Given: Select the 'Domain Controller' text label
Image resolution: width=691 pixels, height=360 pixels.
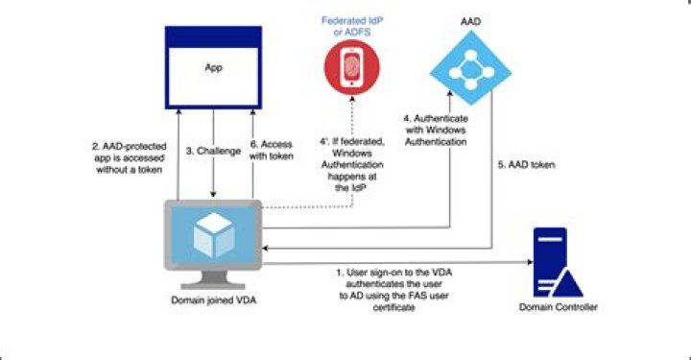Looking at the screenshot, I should [558, 307].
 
